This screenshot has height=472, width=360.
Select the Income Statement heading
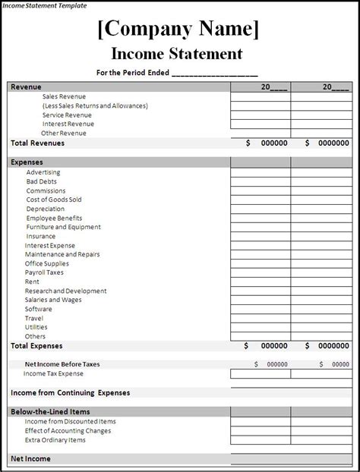177,54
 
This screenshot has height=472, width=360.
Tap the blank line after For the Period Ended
215,74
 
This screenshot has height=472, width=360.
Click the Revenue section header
26,87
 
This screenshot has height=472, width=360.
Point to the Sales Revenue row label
64,97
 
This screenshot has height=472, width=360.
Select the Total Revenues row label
37,143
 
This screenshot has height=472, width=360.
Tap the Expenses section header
27,162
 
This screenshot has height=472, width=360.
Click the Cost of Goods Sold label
54,200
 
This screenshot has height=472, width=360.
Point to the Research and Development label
65,291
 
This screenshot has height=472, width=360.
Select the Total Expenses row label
36,345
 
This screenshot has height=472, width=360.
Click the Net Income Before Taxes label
62,364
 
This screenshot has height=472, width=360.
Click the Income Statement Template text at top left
43,5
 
